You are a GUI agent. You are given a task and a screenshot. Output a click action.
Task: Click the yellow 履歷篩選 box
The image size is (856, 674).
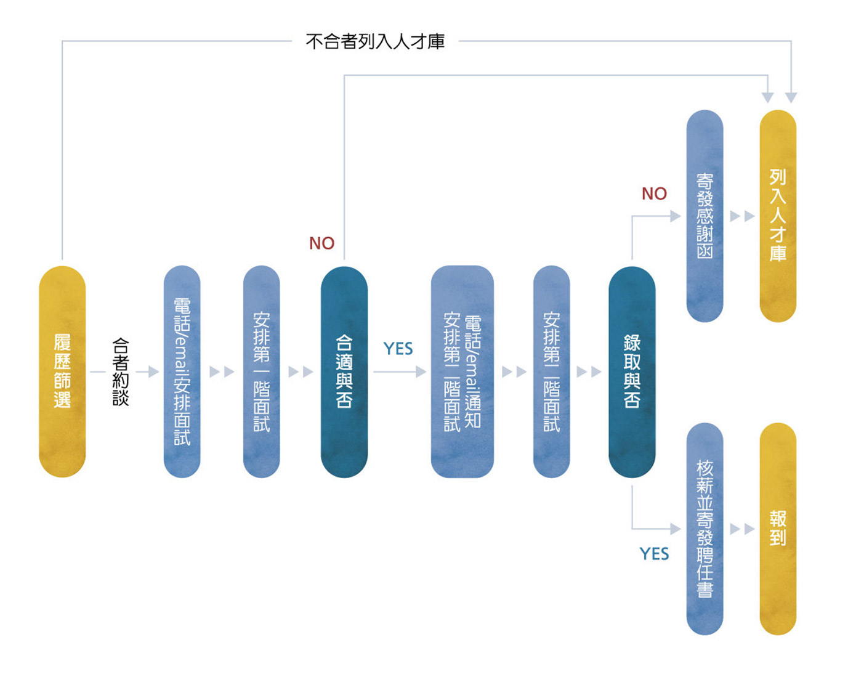62,372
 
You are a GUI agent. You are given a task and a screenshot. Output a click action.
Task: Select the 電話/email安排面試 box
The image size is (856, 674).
182,372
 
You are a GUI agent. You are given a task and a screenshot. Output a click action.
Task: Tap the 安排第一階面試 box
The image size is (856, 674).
261,372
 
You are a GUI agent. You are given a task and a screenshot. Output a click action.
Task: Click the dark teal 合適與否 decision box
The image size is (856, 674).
344,372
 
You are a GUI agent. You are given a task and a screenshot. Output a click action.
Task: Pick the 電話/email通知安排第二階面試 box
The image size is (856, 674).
462,372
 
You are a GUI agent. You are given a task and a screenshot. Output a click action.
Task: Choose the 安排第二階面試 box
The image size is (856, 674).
551,372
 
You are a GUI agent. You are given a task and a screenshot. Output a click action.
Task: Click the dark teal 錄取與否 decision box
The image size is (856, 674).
632,372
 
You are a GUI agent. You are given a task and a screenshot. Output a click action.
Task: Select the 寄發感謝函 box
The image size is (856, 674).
705,216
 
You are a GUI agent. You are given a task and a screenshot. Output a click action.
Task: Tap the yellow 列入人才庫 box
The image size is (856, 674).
778,216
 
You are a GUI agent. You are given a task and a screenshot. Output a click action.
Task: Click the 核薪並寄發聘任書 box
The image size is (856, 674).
705,529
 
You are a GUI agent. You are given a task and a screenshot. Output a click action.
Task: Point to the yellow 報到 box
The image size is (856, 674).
778,529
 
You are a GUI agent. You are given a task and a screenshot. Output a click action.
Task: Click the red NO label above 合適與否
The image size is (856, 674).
322,243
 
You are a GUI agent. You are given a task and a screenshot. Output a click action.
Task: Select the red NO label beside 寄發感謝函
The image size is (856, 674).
654,194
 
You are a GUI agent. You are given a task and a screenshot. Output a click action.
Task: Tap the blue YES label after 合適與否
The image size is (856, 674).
398,349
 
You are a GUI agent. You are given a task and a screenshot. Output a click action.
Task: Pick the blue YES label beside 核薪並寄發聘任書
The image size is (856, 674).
654,553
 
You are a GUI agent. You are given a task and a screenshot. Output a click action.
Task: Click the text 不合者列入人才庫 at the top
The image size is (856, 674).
375,41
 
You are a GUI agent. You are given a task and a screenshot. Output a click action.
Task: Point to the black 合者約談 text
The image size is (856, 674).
121,372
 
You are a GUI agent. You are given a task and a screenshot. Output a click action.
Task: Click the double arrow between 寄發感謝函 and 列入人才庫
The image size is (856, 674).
742,216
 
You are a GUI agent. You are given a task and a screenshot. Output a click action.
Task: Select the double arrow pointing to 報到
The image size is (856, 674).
742,529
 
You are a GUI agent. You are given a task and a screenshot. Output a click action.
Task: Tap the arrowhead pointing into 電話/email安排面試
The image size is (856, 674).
154,372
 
